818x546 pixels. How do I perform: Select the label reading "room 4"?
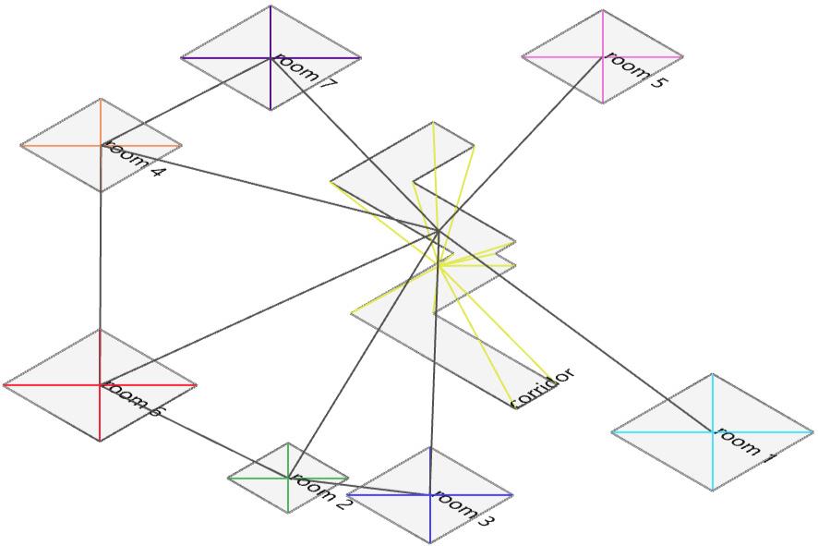pos(134,159)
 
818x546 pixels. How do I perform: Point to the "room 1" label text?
pos(744,446)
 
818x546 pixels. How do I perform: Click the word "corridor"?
pos(543,387)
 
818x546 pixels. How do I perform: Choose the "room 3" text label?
pos(463,509)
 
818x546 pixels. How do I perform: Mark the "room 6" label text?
pos(132,397)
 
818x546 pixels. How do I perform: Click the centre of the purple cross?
pos(271,58)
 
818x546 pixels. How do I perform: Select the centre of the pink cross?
pos(603,56)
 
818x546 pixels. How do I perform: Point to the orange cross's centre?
pos(101,145)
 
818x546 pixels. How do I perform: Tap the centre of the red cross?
pos(101,384)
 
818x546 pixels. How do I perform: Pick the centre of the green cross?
pos(289,478)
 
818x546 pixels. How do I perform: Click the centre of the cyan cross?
pos(713,431)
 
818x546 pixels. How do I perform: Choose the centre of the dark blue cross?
pos(430,495)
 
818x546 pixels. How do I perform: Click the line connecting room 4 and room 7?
pos(186,102)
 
